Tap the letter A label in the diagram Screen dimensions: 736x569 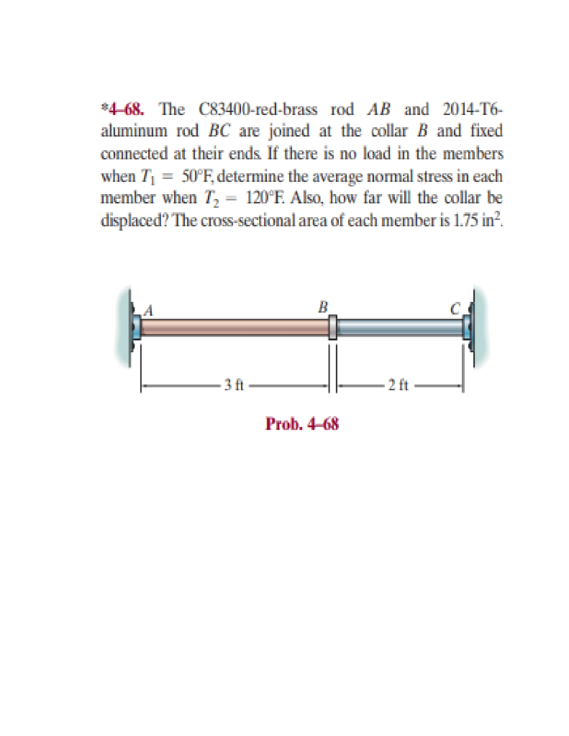tap(149, 310)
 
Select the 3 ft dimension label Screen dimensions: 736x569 tap(232, 385)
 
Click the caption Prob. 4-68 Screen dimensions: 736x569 tap(301, 423)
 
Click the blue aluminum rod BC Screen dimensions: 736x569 tap(399, 328)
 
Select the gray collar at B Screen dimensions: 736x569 tap(332, 328)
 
